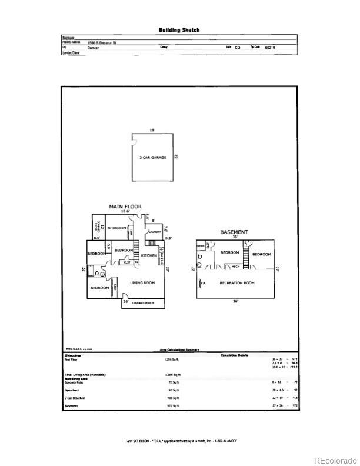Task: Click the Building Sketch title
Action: click(179, 30)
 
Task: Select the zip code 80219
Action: click(270, 48)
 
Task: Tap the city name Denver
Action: click(93, 48)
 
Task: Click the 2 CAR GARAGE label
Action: click(153, 158)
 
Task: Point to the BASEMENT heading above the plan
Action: click(234, 232)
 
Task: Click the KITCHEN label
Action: click(148, 256)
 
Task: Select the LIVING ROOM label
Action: click(142, 283)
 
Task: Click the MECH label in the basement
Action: click(235, 267)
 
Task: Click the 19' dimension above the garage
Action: click(152, 131)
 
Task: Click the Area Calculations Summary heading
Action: click(179, 350)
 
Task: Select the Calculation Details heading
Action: click(234, 355)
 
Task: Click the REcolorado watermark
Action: click(334, 460)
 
